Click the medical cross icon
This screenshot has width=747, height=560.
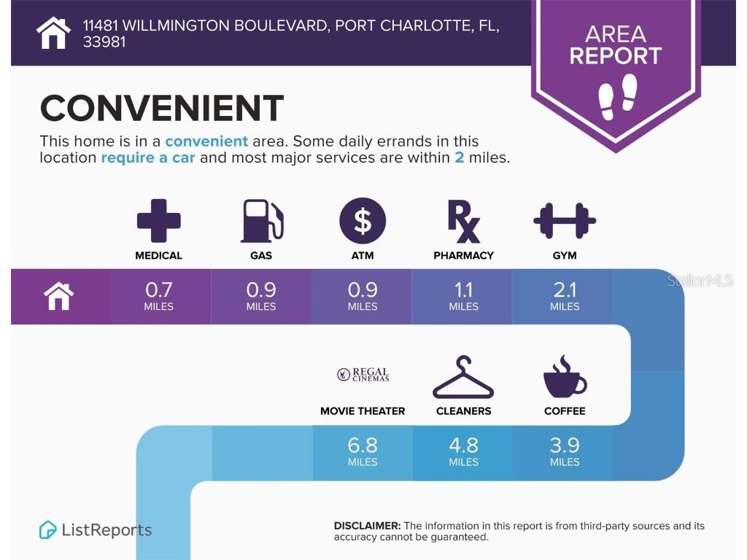[158, 221]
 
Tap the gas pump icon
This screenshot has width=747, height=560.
[262, 221]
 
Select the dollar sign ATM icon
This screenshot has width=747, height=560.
[363, 221]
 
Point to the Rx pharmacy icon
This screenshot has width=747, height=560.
[463, 222]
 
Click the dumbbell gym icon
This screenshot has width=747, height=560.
[565, 220]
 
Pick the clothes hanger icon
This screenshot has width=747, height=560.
[463, 377]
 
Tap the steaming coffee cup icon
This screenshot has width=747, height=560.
[565, 376]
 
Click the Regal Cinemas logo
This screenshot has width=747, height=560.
[363, 375]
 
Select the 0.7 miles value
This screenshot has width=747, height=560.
[158, 296]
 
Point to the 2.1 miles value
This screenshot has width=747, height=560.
[565, 296]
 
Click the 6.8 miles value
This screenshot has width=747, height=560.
[363, 452]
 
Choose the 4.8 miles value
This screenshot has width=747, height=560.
[463, 452]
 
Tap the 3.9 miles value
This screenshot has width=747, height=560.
[565, 452]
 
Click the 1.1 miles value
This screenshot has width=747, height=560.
[463, 296]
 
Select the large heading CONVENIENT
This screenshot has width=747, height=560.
[162, 108]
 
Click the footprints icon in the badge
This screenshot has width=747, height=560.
[617, 97]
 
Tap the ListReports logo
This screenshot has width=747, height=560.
[96, 530]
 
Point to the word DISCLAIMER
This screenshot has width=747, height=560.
[368, 526]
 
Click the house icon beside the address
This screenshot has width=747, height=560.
[53, 33]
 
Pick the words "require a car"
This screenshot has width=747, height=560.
[148, 157]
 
